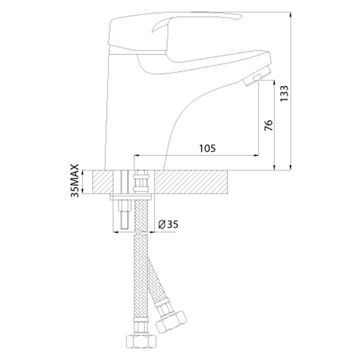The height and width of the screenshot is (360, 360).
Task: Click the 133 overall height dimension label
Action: (x=284, y=94)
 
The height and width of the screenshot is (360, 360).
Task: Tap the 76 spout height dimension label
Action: (x=269, y=126)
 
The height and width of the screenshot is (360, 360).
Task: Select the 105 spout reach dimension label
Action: (x=207, y=148)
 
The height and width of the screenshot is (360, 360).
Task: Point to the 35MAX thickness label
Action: (x=75, y=180)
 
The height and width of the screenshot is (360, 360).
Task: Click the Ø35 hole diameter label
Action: (x=168, y=224)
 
